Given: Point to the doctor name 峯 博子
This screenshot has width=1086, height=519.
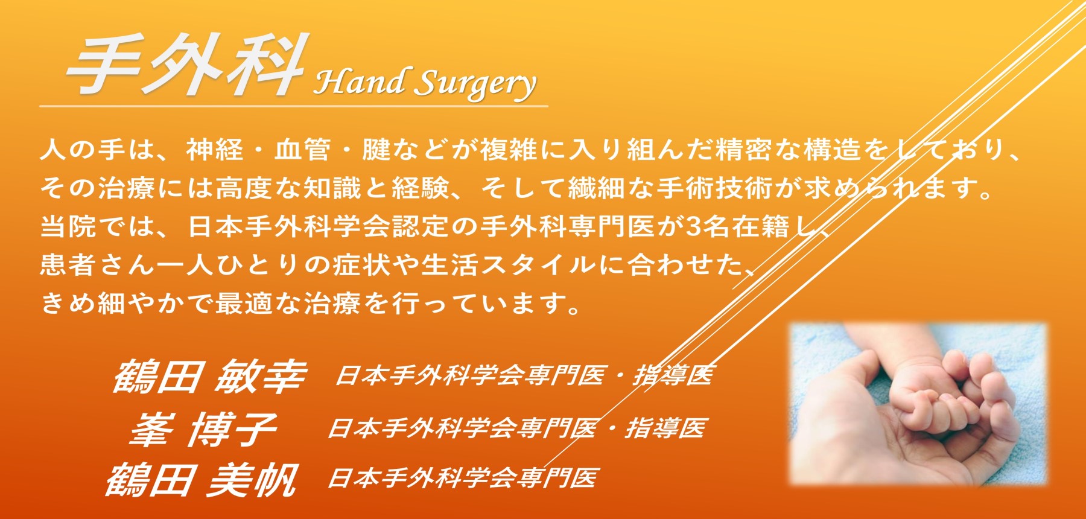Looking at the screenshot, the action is click(203, 430).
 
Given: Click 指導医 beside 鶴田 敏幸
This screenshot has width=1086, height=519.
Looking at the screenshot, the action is click(673, 375).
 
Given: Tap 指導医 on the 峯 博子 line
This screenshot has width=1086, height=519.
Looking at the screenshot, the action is click(665, 428).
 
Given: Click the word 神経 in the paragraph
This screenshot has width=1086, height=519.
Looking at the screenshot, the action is click(215, 150).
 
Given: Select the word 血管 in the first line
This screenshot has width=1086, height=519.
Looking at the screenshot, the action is click(303, 150).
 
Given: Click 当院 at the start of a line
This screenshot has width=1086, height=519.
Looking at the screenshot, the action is click(68, 227).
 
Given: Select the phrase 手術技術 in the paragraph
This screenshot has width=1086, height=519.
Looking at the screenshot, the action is click(716, 189).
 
